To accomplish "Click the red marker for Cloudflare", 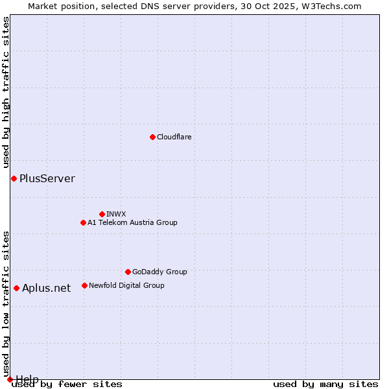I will (152, 137).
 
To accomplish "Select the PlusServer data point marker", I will (14, 178).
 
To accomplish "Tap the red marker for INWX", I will (102, 214).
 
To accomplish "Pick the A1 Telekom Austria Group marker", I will (83, 222).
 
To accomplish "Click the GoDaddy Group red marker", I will (128, 272).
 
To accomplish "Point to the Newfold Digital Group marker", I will (84, 285).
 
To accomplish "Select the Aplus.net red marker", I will (16, 288).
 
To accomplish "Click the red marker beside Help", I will (10, 379).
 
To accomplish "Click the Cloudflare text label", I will (174, 137).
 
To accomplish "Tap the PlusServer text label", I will (47, 178).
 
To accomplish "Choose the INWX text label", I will (116, 214).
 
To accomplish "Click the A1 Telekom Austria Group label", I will (132, 222).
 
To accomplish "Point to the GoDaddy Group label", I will (159, 272).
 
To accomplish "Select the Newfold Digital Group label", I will (126, 285).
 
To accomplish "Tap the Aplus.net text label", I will (47, 288).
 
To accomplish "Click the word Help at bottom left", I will (27, 379).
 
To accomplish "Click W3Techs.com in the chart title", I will (329, 6).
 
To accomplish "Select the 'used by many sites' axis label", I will (325, 384).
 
